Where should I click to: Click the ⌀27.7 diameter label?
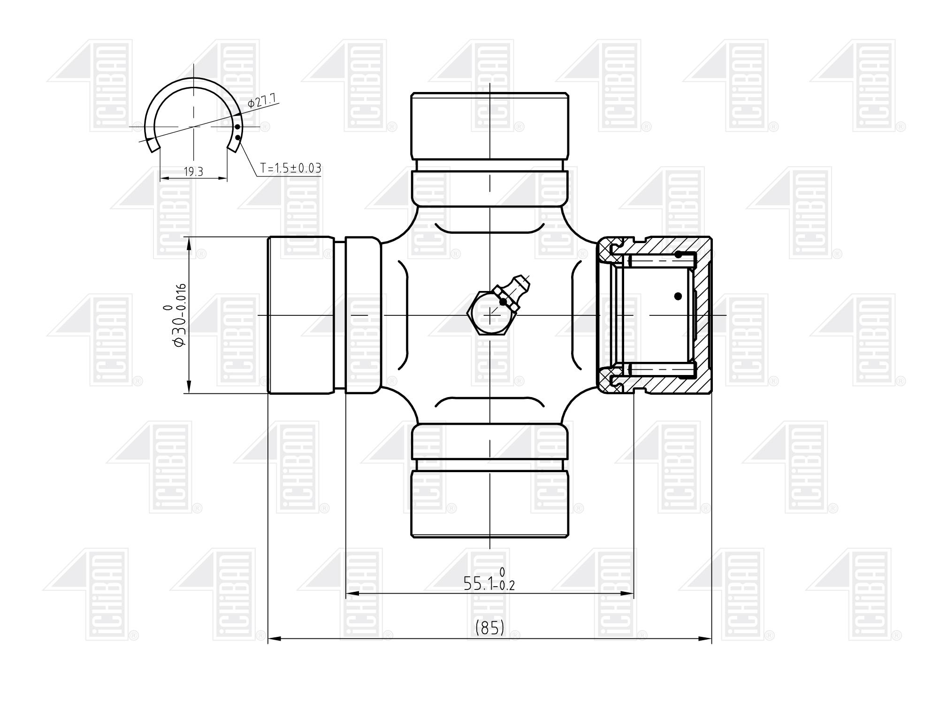[264, 100]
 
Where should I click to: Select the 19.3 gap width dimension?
[193, 172]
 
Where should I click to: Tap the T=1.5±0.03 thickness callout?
[291, 168]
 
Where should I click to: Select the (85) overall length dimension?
[489, 627]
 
